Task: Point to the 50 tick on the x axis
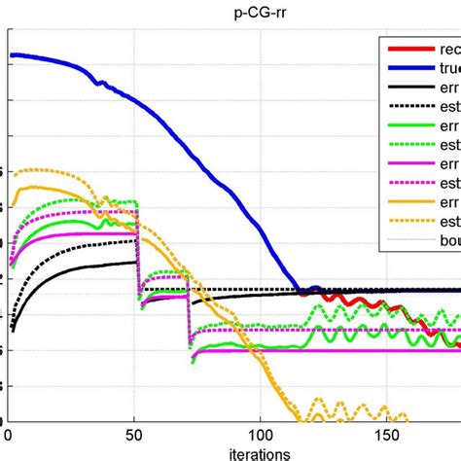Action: click(134, 434)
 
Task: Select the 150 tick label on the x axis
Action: click(386, 434)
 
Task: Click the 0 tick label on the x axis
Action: click(9, 434)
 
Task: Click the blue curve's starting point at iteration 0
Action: click(12, 55)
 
